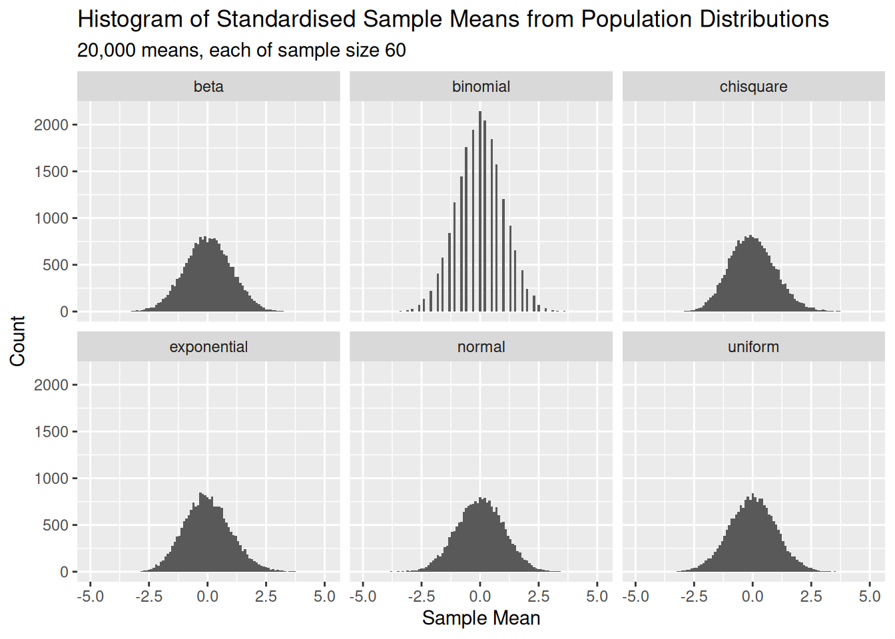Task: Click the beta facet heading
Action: coord(208,87)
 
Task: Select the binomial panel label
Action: coord(481,87)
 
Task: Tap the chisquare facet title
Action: coord(753,87)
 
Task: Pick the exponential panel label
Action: coord(208,347)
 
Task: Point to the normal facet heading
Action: coord(481,347)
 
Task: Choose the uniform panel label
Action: coord(753,347)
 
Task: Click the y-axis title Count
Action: coord(18,341)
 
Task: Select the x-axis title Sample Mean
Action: coord(481,618)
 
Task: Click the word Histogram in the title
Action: coord(130,19)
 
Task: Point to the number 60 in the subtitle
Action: coord(395,51)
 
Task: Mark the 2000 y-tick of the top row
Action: coord(51,125)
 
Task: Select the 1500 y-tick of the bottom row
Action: coord(51,432)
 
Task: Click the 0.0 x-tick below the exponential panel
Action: coord(207,596)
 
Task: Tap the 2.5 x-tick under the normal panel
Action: coord(539,596)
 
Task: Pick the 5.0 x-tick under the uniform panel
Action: coord(870,596)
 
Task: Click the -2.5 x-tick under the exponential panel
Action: coord(149,596)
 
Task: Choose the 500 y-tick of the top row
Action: coord(55,265)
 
